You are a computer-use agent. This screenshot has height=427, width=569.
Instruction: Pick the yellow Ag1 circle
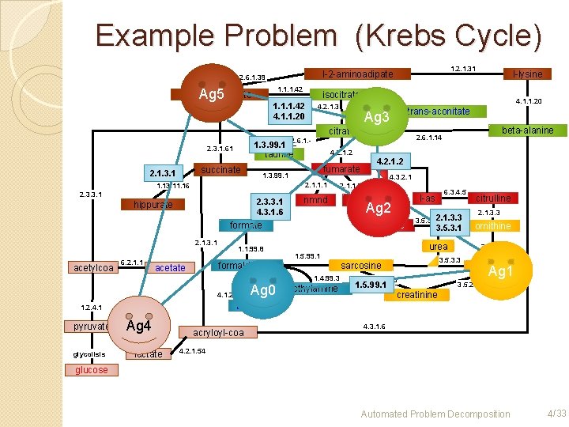click(498, 271)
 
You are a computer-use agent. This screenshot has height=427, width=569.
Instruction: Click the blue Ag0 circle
click(261, 290)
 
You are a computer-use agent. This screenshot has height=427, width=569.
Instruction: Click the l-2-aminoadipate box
click(357, 74)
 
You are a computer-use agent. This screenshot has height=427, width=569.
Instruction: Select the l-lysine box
click(527, 74)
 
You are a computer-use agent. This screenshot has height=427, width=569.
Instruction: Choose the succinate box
click(220, 170)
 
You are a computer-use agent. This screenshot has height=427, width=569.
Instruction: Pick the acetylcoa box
click(93, 267)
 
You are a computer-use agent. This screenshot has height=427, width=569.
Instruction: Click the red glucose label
click(92, 370)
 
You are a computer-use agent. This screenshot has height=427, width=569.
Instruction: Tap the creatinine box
click(416, 295)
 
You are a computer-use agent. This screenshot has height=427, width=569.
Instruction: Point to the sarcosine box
click(360, 266)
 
